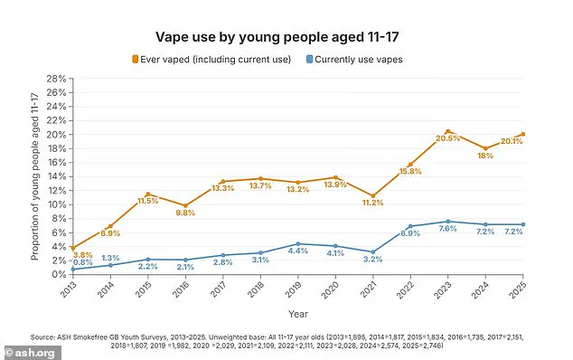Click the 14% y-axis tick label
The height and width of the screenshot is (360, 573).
click(x=58, y=176)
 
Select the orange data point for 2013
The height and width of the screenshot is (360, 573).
click(x=73, y=248)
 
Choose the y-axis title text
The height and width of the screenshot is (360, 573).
click(x=35, y=176)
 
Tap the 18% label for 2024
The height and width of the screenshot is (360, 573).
click(x=486, y=156)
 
